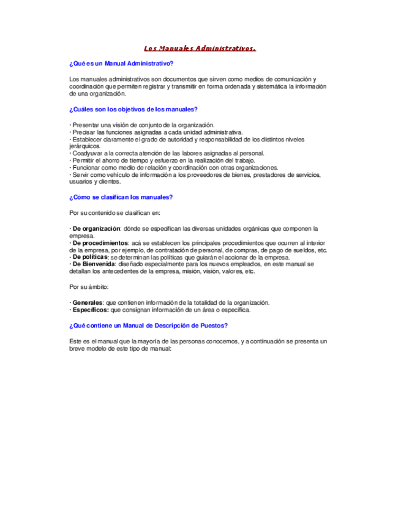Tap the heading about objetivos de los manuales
134,110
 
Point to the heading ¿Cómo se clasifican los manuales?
121,196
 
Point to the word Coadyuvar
86,154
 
